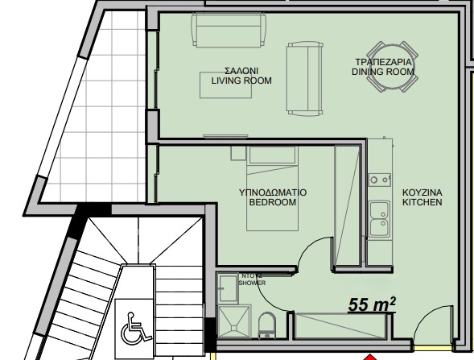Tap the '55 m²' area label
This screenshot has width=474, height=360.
tap(371, 305)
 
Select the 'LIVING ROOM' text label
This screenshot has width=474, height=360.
tap(241, 81)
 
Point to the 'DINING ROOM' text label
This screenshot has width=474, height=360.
tap(383, 72)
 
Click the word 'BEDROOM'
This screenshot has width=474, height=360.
tap(273, 203)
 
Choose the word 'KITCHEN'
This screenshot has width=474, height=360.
tap(422, 203)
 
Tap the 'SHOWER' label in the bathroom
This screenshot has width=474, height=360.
tap(250, 283)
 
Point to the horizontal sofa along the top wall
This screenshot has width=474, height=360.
tap(228, 30)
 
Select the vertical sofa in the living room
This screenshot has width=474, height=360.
tap(303, 78)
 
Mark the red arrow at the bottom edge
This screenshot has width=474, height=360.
tap(369, 355)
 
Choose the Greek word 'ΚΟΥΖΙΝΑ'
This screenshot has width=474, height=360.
tap(422, 192)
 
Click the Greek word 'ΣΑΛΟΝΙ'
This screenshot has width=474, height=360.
tap(241, 70)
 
